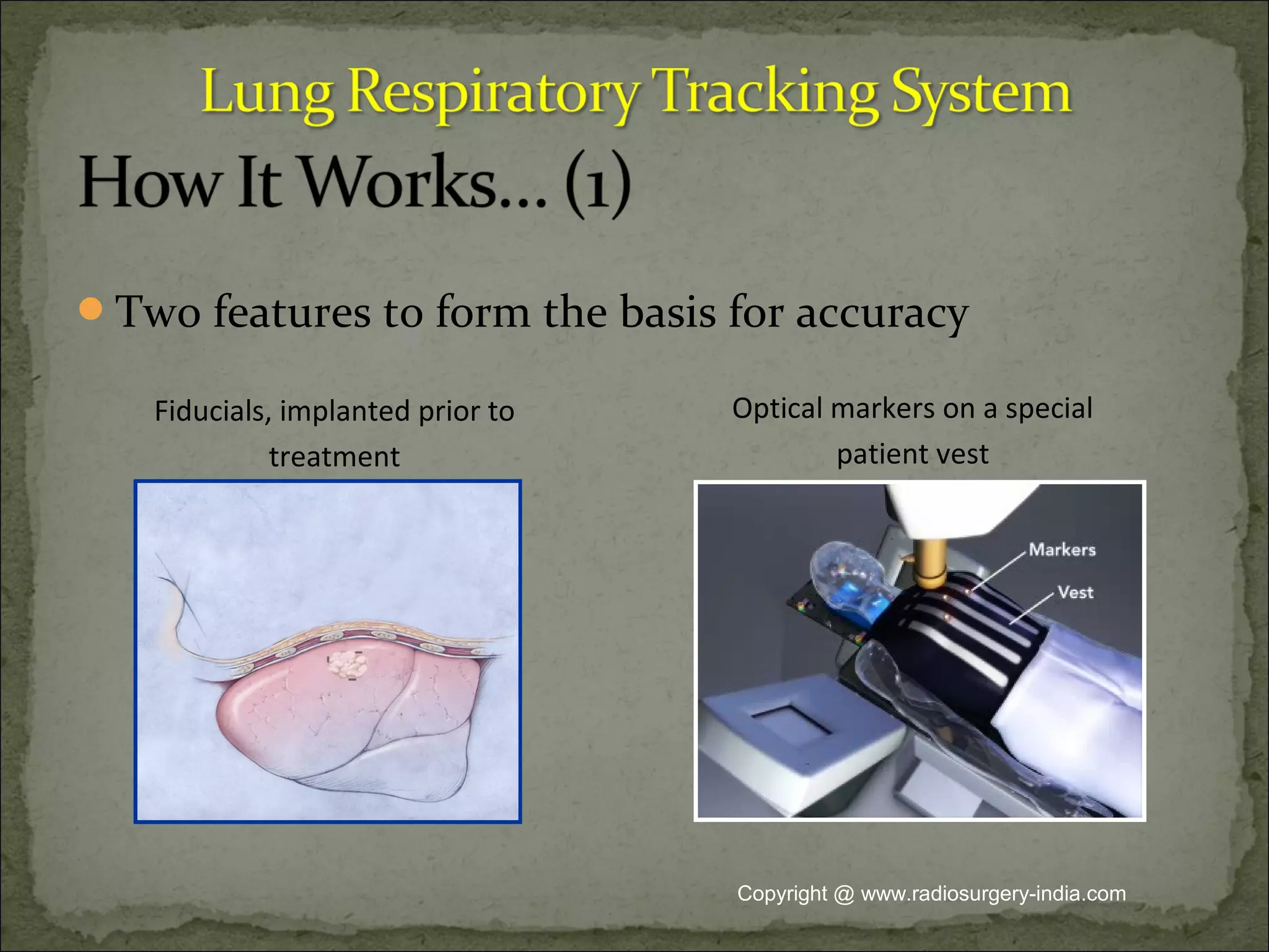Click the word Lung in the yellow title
(266, 93)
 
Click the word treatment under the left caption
(334, 457)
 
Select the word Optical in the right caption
(778, 409)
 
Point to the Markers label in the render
(1062, 550)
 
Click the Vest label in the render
(1075, 593)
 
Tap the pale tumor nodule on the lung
(348, 665)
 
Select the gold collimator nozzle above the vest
(928, 564)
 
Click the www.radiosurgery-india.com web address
(993, 894)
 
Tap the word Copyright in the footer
(782, 894)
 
